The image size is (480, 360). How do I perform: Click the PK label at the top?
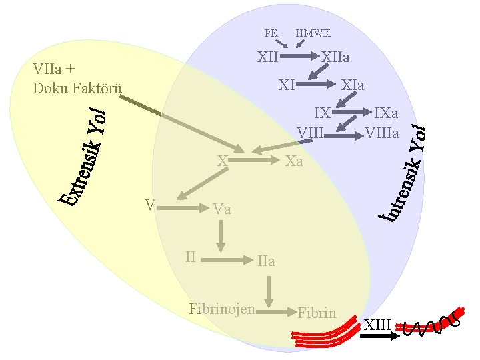click(x=271, y=33)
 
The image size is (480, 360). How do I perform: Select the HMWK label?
click(x=313, y=33)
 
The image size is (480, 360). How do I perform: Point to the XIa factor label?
click(x=353, y=85)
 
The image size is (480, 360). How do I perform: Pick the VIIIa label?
click(x=383, y=133)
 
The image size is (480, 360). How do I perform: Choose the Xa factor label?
click(x=294, y=161)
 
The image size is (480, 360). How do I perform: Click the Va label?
click(x=223, y=209)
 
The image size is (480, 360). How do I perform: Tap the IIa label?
click(x=266, y=261)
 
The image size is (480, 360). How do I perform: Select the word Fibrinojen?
click(x=222, y=309)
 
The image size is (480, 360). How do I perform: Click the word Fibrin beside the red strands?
click(x=317, y=312)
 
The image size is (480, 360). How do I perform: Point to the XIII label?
click(x=377, y=325)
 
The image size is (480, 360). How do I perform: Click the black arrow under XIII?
click(x=376, y=337)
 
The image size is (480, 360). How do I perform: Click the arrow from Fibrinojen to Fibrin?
click(x=276, y=311)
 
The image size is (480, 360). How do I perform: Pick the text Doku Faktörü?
click(x=77, y=89)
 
